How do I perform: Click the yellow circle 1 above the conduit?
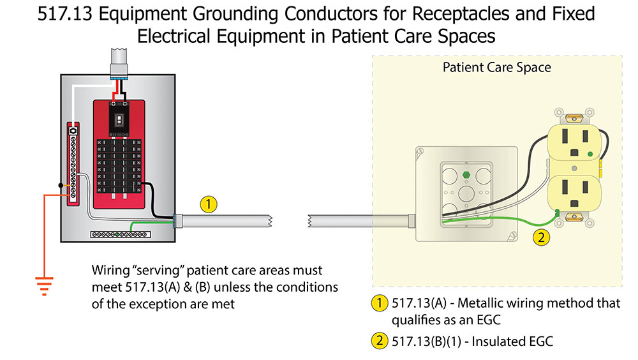point(209,204)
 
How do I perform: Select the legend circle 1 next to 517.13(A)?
point(380,303)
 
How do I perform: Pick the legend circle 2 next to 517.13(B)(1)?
point(380,341)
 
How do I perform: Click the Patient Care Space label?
point(496,68)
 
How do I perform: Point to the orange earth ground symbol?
point(43,286)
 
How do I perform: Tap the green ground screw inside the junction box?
point(464,173)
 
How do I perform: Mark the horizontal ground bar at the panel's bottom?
point(121,235)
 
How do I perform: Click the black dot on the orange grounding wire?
point(60,186)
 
